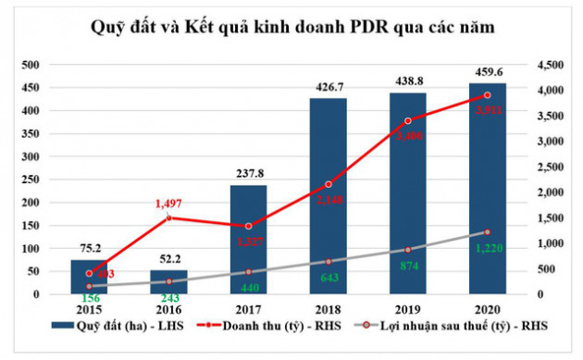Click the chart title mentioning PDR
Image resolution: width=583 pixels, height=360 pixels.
click(291, 27)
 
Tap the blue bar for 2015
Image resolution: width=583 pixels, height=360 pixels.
click(89, 277)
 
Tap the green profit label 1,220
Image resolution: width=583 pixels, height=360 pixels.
click(487, 247)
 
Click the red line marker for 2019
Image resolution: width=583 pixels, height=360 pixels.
click(407, 120)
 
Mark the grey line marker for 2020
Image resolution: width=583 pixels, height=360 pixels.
click(487, 232)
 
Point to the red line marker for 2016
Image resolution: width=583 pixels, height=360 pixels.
click(168, 217)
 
